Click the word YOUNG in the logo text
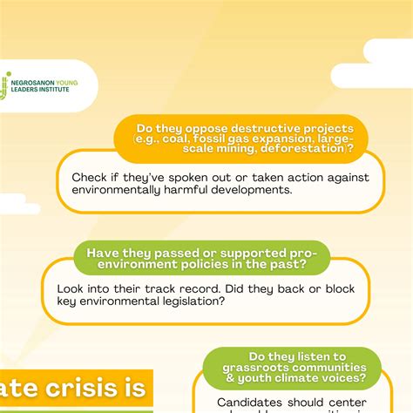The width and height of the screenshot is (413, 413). pos(67,84)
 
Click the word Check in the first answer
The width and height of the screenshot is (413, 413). pos(91,177)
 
